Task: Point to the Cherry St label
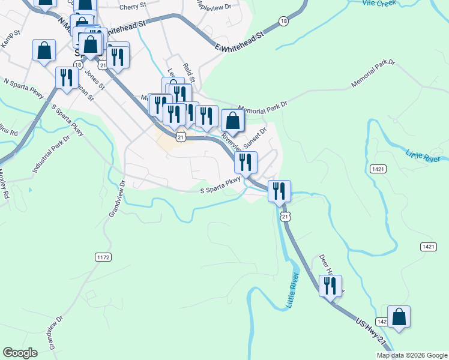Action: (133, 7)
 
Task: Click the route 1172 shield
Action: (103, 257)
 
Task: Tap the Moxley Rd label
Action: (4, 185)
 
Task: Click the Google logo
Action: (20, 353)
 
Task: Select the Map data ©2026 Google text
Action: (411, 355)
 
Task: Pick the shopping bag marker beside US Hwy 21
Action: (399, 317)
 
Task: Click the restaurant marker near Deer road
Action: (330, 286)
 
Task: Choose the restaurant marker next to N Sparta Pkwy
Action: (66, 78)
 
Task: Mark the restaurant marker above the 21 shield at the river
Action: (279, 191)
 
